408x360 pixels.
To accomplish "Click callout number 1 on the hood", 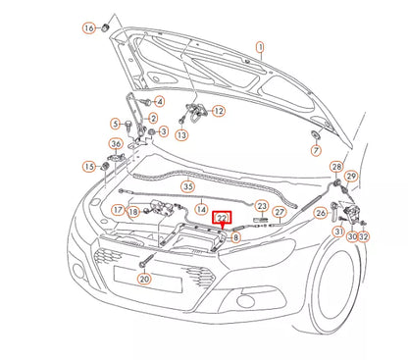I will (x=260, y=46).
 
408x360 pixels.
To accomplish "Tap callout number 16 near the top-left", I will (x=89, y=28).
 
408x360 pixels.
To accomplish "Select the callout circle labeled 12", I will (x=218, y=111).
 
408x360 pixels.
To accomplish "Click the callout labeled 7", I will (x=160, y=101).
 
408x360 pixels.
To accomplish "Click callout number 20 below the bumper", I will (x=144, y=279).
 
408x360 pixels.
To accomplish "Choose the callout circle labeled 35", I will (x=316, y=151).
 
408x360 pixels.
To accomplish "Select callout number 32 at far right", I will (x=364, y=236).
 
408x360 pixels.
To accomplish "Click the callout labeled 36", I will (x=116, y=145).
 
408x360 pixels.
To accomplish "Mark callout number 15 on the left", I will (x=89, y=166).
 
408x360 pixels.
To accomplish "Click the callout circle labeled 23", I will (x=262, y=205).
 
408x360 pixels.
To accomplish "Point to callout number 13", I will (x=182, y=134).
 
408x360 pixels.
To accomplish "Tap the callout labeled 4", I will (x=160, y=101).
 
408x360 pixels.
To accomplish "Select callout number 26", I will (x=320, y=213).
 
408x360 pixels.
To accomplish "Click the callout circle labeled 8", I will (x=235, y=235).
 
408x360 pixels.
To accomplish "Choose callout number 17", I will (x=117, y=209).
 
